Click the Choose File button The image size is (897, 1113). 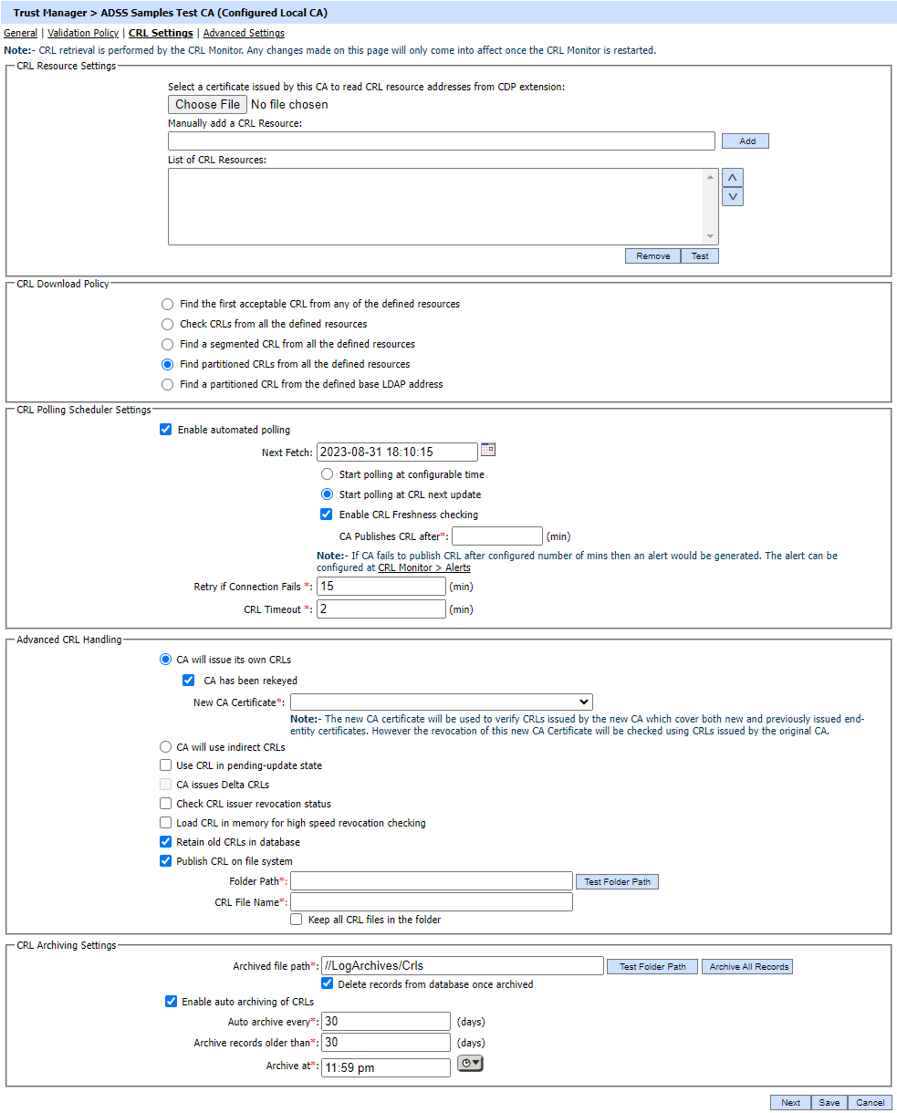coord(207,105)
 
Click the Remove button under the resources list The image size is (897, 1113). coord(652,256)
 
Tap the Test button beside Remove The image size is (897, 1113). coord(700,256)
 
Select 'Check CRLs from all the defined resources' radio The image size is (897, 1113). coord(167,324)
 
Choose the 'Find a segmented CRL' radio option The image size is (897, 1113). coord(167,344)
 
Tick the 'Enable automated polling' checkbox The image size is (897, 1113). coord(166,430)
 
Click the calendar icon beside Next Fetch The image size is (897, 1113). coord(488,450)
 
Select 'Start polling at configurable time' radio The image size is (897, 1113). coord(328,474)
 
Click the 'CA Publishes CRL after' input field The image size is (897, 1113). coord(496,536)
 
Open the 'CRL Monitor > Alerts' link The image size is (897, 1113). coord(424,567)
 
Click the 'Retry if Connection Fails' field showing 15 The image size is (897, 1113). coord(381,587)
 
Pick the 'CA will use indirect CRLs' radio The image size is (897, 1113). coord(166,746)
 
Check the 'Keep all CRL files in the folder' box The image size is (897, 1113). coord(297,920)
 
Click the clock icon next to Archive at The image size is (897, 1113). coord(470,1063)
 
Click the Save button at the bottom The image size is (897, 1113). coord(829,1102)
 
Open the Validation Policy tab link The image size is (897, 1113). coord(83,33)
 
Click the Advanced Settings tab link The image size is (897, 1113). coord(244,33)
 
